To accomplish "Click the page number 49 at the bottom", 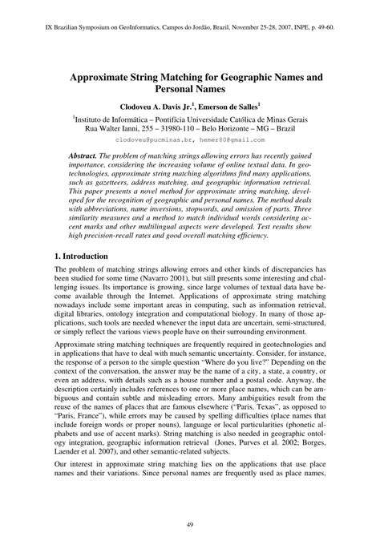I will (x=190, y=523).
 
